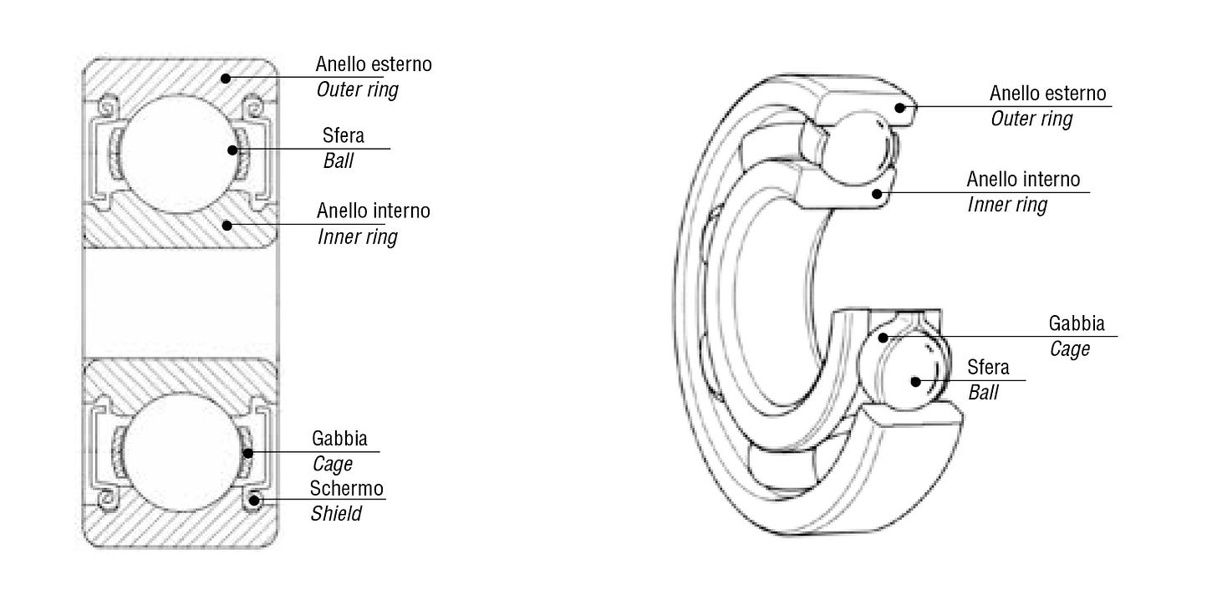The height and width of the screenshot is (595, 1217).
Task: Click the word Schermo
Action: coord(347,488)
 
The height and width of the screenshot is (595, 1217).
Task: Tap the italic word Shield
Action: coord(336,513)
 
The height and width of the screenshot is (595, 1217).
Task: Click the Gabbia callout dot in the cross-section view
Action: coord(248,453)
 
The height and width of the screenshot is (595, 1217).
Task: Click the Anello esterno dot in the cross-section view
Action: coord(226,78)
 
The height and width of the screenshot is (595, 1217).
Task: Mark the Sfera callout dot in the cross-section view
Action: coord(232,150)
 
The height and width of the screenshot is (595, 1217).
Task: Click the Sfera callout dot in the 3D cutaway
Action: coord(916,381)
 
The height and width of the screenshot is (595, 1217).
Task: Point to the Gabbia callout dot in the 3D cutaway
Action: coord(883,338)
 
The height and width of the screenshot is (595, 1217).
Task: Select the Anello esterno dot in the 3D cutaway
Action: coord(899,107)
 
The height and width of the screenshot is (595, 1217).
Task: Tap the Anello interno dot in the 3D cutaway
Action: coord(877,194)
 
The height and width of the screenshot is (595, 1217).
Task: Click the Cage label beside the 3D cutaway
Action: coord(1069,348)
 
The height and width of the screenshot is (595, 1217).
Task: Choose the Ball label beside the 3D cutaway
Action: coord(983,392)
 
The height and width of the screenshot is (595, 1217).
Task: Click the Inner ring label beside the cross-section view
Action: coord(357,236)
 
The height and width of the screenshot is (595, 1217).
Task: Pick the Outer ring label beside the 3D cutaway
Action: coord(1031,119)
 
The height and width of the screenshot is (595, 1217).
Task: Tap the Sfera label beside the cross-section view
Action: coord(343,135)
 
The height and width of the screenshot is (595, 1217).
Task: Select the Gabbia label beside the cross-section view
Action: coord(339,438)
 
